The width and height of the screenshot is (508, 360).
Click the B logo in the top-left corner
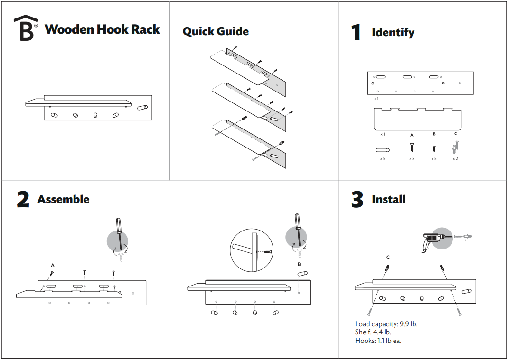26,28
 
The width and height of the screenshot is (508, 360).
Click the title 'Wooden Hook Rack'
102,29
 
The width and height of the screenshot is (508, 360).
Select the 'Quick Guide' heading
216,32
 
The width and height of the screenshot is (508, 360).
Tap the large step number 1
356,32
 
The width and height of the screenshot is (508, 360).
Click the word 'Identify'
393,33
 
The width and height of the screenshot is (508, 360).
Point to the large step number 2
23,200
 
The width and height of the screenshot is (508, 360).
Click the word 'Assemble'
63,199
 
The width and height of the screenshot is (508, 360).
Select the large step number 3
357,200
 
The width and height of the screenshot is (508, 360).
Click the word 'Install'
388,199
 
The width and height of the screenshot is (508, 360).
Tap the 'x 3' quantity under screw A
412,159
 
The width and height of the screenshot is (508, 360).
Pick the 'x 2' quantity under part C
455,159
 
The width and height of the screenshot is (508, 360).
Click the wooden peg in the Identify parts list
382,150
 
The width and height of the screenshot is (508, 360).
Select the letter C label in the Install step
388,258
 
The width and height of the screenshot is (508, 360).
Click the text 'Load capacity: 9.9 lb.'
386,324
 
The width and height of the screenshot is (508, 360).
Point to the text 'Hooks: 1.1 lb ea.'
378,341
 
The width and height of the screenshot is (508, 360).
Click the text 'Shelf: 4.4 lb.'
373,332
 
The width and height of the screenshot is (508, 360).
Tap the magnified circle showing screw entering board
251,251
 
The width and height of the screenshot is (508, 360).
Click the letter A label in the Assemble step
53,265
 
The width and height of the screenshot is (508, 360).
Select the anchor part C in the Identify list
455,148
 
